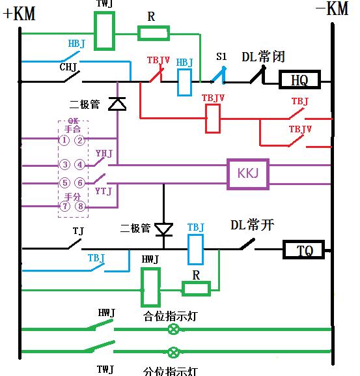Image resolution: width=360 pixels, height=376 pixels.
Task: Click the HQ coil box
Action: (x=299, y=80)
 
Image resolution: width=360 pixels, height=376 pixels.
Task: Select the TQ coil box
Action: (x=304, y=250)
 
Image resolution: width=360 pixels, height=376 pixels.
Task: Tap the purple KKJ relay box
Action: (x=248, y=174)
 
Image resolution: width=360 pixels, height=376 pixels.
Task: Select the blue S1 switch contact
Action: (x=219, y=78)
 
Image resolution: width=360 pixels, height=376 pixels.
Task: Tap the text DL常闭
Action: (x=264, y=57)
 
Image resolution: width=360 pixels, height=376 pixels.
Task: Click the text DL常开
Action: (x=253, y=225)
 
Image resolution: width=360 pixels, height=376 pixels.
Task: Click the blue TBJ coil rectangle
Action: (x=196, y=248)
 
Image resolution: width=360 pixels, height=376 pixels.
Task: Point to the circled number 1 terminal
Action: (x=64, y=140)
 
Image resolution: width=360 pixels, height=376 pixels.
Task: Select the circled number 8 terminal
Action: (x=80, y=207)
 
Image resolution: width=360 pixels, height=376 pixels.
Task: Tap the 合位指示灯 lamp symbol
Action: (x=174, y=330)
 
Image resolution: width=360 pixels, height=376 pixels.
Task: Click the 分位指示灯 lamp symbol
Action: (x=174, y=353)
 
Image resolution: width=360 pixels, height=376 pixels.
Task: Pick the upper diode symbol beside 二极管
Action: (x=117, y=104)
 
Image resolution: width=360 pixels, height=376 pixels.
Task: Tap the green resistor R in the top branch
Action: (x=154, y=33)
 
